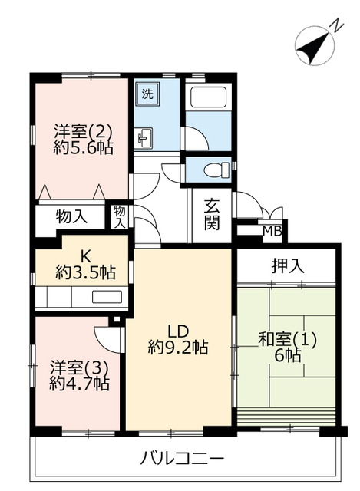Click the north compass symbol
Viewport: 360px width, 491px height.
coord(316,46)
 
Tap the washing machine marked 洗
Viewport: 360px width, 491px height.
coord(147,94)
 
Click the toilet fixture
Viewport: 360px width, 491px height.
coord(216,170)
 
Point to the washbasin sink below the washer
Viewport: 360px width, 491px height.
coord(145,138)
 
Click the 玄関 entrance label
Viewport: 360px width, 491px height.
coord(212,214)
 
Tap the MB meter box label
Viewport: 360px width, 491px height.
coord(272,232)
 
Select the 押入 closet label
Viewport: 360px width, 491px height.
coord(288,266)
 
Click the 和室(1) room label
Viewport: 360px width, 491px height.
coord(287,339)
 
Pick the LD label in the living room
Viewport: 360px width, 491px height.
coord(178,331)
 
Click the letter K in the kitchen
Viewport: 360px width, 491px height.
coord(85,257)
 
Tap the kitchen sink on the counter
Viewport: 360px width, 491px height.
coord(107,297)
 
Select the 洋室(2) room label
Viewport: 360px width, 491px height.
coord(83,131)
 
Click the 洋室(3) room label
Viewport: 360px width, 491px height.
coord(79,367)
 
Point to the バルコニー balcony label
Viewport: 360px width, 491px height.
coord(182,459)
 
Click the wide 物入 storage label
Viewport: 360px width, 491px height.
coord(71,216)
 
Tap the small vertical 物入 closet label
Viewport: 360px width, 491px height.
coord(120,216)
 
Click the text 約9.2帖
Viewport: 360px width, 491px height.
coord(178,347)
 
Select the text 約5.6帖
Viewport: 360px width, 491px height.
coord(83,147)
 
